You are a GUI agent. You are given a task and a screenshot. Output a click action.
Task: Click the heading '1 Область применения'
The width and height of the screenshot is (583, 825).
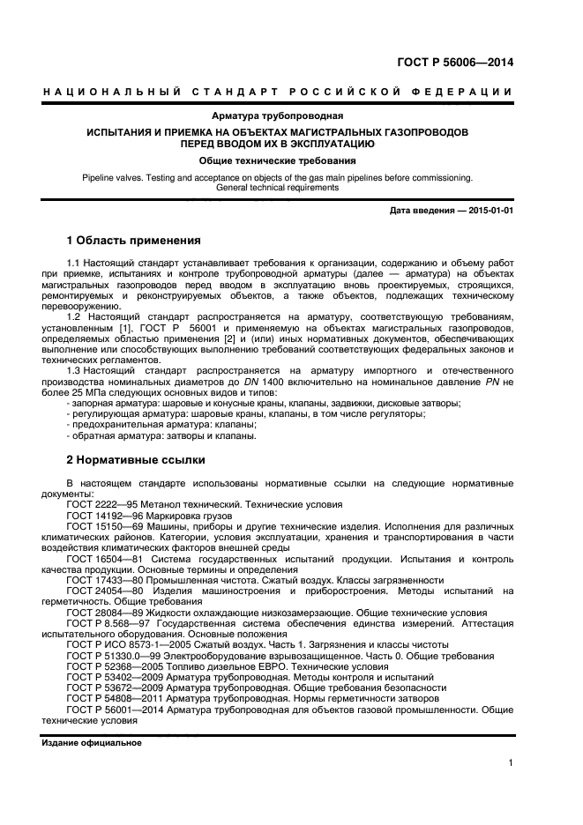click(134, 240)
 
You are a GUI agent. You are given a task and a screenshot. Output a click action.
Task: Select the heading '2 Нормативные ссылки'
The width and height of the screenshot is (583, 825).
click(136, 459)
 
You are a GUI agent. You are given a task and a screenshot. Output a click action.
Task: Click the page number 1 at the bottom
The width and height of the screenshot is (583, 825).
click(511, 764)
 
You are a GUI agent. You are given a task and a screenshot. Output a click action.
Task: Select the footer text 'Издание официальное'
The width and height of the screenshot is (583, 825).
click(92, 743)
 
